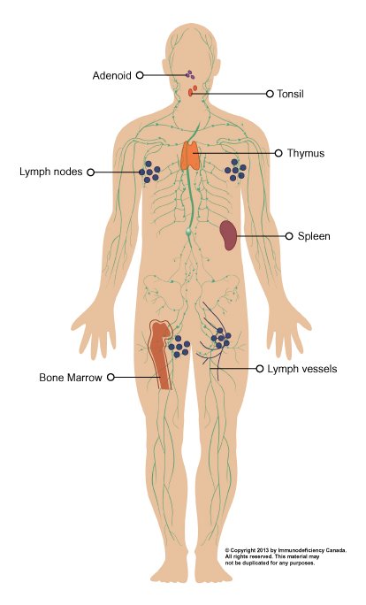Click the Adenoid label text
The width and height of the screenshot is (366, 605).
[112, 75]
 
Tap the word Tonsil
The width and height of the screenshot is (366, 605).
[290, 94]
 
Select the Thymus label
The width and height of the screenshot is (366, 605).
[306, 153]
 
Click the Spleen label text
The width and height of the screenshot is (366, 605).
[314, 236]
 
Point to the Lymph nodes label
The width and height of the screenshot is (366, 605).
[51, 172]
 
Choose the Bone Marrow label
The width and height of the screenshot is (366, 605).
[71, 378]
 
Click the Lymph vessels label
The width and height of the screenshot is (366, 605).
[302, 369]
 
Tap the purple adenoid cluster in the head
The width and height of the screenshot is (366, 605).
[189, 74]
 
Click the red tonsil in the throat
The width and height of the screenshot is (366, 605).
[193, 91]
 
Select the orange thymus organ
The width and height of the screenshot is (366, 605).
[191, 155]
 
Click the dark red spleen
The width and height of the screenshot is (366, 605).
[228, 234]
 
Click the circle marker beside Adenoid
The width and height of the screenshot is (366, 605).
[140, 75]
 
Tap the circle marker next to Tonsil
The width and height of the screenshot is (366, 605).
[270, 94]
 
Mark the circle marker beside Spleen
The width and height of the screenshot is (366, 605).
[289, 236]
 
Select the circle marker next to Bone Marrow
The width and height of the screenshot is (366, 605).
[111, 377]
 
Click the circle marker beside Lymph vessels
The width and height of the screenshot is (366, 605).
[260, 369]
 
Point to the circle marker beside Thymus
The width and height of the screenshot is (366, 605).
[278, 153]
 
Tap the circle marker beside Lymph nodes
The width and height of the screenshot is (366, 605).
[91, 172]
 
